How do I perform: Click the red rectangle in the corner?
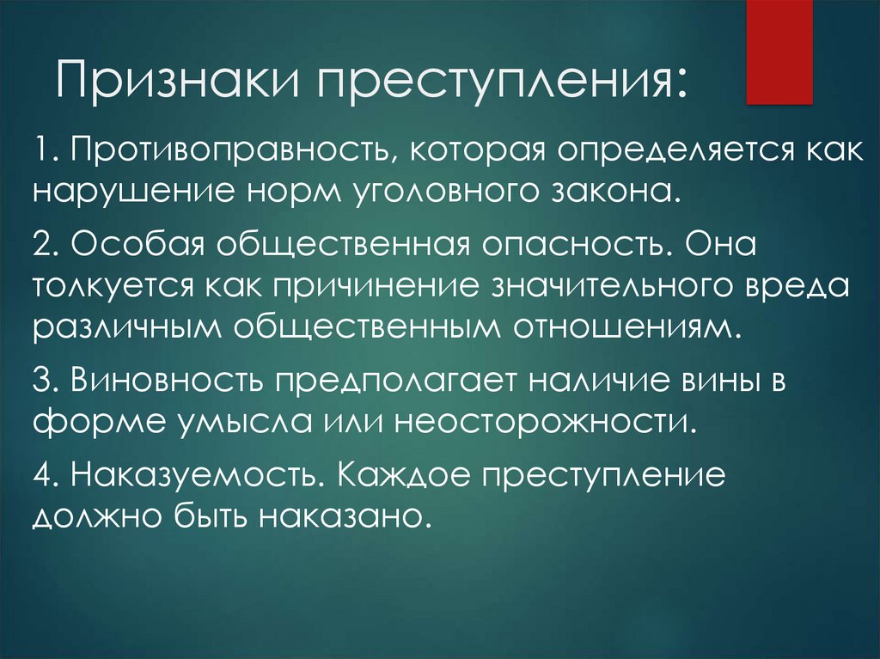[x=779, y=52]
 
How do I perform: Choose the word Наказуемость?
[x=199, y=475]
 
